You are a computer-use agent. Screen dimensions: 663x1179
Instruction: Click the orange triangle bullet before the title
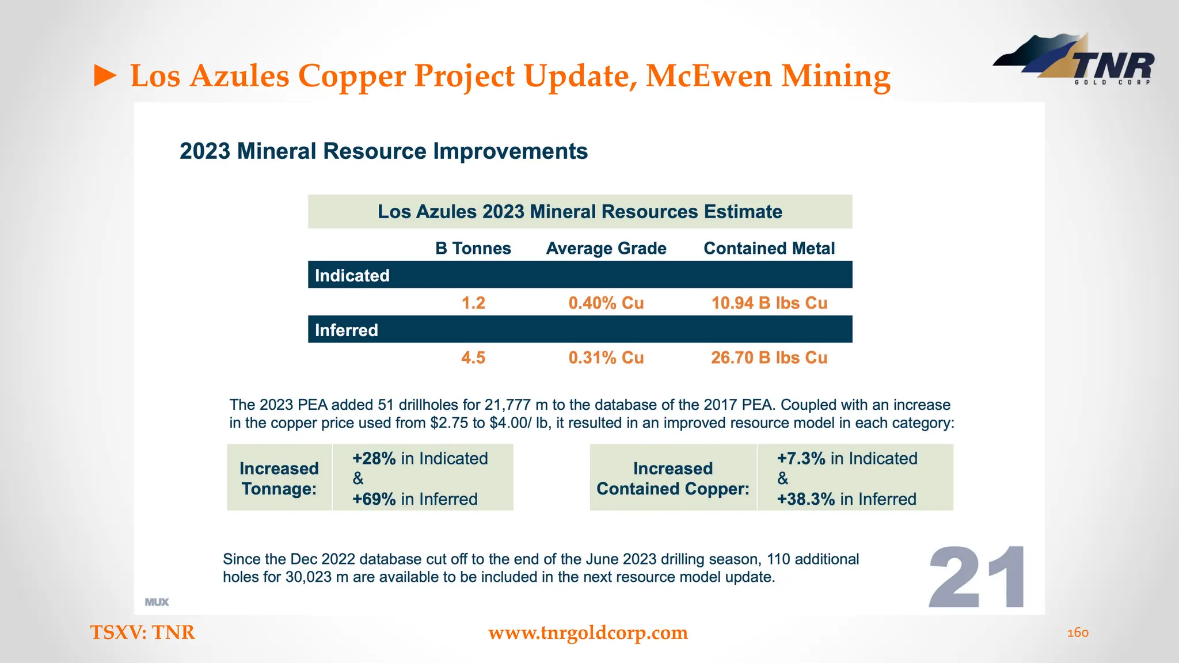click(x=105, y=76)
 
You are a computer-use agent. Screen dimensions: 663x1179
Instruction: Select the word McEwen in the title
click(x=708, y=76)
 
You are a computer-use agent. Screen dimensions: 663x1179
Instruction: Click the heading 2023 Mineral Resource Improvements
click(x=383, y=151)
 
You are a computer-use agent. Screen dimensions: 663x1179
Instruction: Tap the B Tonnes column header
click(x=473, y=248)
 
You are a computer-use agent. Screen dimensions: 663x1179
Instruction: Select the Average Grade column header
click(x=606, y=248)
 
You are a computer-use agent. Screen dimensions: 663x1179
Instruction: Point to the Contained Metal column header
click(x=769, y=248)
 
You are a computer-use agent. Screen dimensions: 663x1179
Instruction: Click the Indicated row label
click(x=352, y=275)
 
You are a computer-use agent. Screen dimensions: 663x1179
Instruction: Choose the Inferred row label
click(x=346, y=330)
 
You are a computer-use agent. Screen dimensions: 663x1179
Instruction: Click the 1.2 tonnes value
click(x=473, y=303)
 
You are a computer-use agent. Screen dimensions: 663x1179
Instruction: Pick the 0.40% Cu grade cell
click(x=606, y=303)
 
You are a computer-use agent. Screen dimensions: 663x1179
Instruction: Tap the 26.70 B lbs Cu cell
click(x=769, y=357)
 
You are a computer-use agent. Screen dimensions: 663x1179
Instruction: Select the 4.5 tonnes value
click(x=473, y=357)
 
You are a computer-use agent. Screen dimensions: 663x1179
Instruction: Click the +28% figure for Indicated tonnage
click(x=374, y=459)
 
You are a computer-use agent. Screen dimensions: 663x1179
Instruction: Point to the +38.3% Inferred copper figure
click(x=806, y=499)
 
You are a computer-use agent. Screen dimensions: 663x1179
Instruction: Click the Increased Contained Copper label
click(x=672, y=478)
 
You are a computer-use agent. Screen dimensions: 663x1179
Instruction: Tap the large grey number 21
click(x=977, y=577)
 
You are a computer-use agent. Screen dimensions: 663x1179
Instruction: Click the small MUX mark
click(x=157, y=602)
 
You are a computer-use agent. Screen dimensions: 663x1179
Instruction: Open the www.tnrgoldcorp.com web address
click(x=588, y=632)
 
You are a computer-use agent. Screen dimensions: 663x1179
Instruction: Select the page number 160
click(x=1078, y=632)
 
